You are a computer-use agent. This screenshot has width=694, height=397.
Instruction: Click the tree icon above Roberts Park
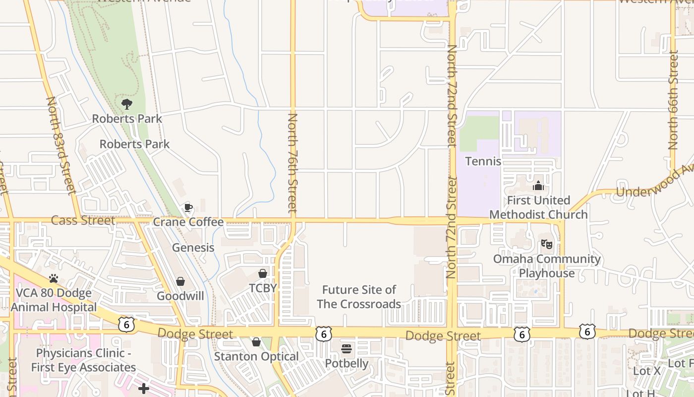point(127,104)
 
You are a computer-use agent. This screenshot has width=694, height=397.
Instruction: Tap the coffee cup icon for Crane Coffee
point(188,207)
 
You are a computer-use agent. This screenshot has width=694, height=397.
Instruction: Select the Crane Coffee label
point(188,222)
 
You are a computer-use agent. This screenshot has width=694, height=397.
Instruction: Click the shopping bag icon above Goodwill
point(180,281)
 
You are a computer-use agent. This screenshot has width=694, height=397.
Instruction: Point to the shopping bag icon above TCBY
point(263,273)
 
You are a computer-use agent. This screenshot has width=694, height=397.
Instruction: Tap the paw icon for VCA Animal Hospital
point(54,278)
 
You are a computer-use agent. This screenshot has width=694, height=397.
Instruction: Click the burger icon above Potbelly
point(347,349)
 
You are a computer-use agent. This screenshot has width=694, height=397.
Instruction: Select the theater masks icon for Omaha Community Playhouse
point(547,244)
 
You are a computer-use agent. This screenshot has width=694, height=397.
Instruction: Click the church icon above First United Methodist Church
point(538,186)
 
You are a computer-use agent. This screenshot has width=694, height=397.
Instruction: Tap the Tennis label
point(483,161)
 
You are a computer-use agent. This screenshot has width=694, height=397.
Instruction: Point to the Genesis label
point(193,247)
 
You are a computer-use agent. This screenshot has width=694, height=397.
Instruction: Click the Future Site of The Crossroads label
point(359,297)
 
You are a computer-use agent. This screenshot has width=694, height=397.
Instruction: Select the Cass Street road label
point(83,220)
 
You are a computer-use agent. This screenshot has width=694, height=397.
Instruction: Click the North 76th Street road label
point(292,163)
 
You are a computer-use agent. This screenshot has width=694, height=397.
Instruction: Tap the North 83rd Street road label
point(61,145)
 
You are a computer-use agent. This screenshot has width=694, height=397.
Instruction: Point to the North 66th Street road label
point(673,100)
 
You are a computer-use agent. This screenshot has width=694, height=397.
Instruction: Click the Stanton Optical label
point(256,356)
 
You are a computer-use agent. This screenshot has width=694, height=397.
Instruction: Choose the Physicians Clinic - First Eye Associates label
point(83,360)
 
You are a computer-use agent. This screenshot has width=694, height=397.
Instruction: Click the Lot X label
point(647,371)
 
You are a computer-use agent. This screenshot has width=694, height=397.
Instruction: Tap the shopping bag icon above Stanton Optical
point(256,342)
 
